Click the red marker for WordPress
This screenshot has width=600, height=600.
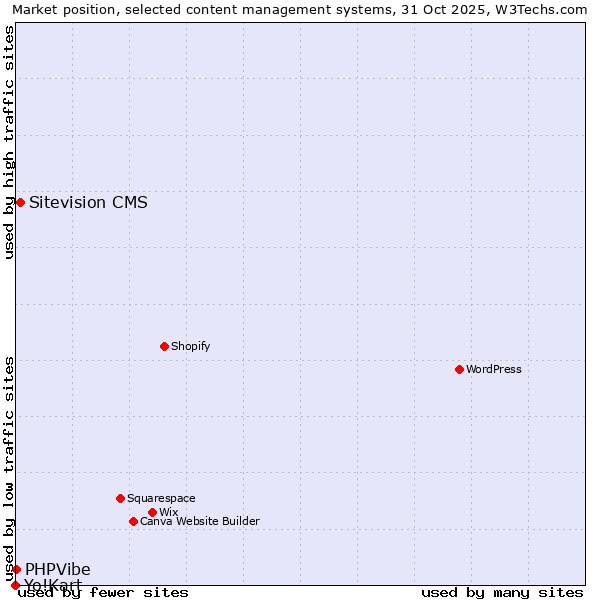tap(459, 369)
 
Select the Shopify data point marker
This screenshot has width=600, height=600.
tap(164, 346)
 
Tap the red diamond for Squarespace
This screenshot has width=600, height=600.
tap(120, 498)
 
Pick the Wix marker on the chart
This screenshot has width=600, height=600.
tap(152, 512)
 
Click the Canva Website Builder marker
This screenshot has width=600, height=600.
tap(133, 521)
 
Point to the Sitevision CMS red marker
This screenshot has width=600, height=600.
tap(20, 202)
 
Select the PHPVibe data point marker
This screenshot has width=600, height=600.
tap(16, 569)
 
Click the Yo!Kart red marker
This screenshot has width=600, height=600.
tap(15, 585)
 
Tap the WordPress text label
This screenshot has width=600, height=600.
tap(494, 369)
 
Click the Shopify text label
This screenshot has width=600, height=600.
tap(191, 346)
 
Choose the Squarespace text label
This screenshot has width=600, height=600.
tap(161, 498)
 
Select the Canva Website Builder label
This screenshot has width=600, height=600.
tap(200, 521)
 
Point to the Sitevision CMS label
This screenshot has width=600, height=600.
tap(88, 202)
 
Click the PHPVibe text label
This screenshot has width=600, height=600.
tap(58, 569)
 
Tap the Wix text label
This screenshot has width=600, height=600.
tap(169, 512)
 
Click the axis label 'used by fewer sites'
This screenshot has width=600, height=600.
tap(103, 592)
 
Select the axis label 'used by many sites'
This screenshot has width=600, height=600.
tap(502, 592)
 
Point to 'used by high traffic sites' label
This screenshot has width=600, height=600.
tap(10, 142)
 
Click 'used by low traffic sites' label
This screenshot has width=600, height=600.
tap(10, 468)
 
